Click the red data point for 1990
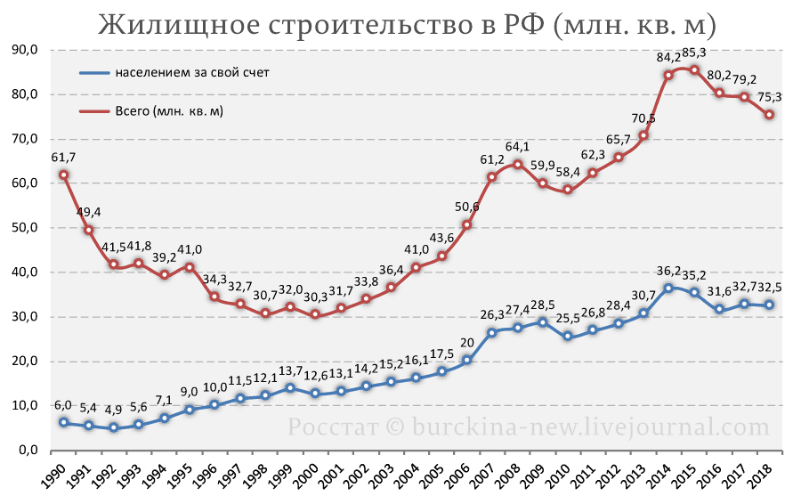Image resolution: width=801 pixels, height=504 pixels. point(63,175)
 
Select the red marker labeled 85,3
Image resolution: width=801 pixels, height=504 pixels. point(694,69)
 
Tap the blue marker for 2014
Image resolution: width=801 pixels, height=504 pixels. point(668,289)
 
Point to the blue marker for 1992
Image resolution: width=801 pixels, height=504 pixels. point(113,427)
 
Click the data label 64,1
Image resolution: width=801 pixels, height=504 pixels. point(517,147)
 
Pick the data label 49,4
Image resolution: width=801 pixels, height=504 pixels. point(88,212)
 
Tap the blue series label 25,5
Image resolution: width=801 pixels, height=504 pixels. point(568,318)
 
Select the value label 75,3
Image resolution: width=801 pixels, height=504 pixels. point(770,96)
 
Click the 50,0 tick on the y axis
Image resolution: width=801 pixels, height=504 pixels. point(25,228)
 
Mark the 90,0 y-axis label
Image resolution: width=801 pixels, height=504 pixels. point(25,50)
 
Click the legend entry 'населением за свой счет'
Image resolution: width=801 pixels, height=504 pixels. point(174,73)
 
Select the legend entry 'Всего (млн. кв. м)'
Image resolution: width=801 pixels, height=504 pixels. point(151,111)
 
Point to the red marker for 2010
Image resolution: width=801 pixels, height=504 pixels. point(568,190)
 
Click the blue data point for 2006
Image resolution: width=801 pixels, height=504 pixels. point(467,361)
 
